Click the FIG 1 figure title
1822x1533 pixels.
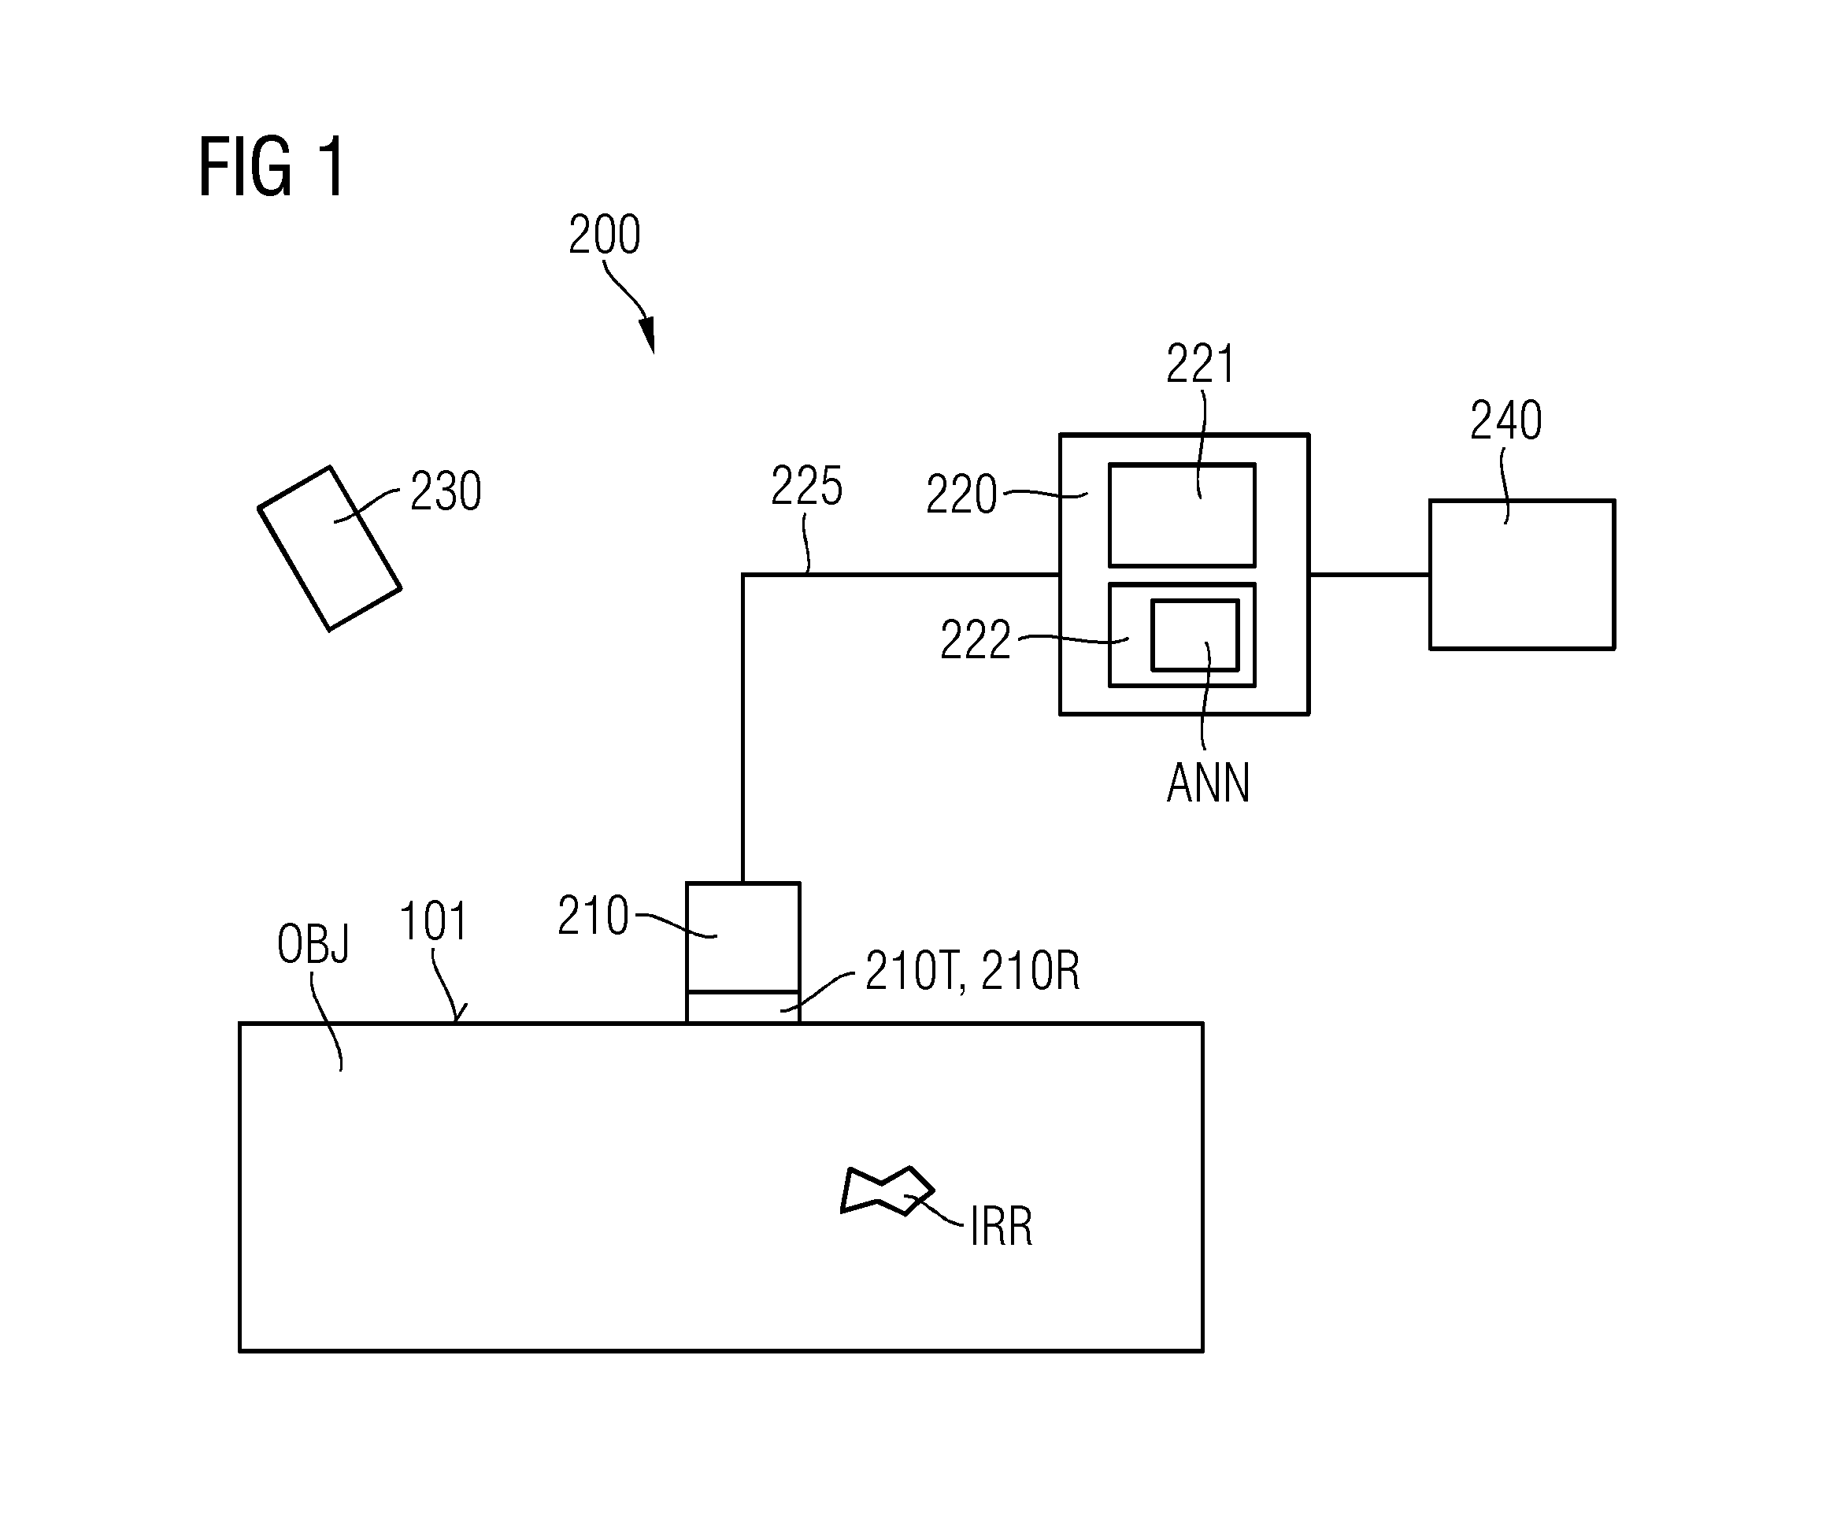click(x=272, y=167)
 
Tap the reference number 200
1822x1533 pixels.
click(x=605, y=235)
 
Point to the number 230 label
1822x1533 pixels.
click(x=446, y=492)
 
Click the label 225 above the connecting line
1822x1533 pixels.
click(x=806, y=486)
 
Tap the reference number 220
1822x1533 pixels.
click(x=961, y=495)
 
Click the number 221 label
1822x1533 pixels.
click(x=1200, y=364)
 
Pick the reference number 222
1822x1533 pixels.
click(x=975, y=640)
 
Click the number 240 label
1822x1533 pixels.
click(x=1505, y=420)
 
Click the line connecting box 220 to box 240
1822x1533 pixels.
click(x=1369, y=575)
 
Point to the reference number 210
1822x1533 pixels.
click(x=593, y=916)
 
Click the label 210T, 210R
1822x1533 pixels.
click(x=972, y=971)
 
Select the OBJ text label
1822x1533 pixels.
click(x=313, y=944)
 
